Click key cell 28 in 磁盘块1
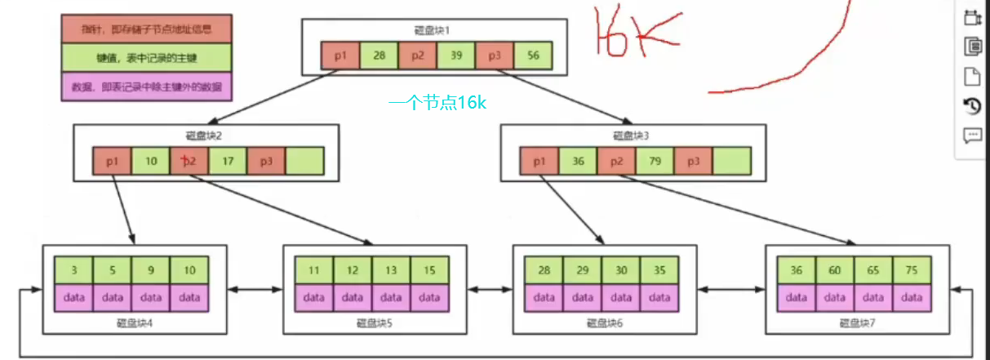click(379, 55)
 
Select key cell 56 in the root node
click(534, 55)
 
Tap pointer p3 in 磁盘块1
click(495, 55)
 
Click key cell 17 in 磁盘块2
click(229, 162)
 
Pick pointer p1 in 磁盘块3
click(539, 162)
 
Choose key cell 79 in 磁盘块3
click(655, 162)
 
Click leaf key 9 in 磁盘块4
click(151, 270)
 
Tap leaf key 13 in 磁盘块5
click(391, 270)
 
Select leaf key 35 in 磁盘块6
click(659, 270)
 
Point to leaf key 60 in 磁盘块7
click(836, 270)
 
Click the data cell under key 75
click(912, 298)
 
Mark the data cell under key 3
click(73, 298)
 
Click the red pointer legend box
click(147, 29)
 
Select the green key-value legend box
click(147, 58)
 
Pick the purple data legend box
click(147, 87)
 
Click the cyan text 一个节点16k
click(438, 103)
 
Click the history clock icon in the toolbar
click(972, 106)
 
